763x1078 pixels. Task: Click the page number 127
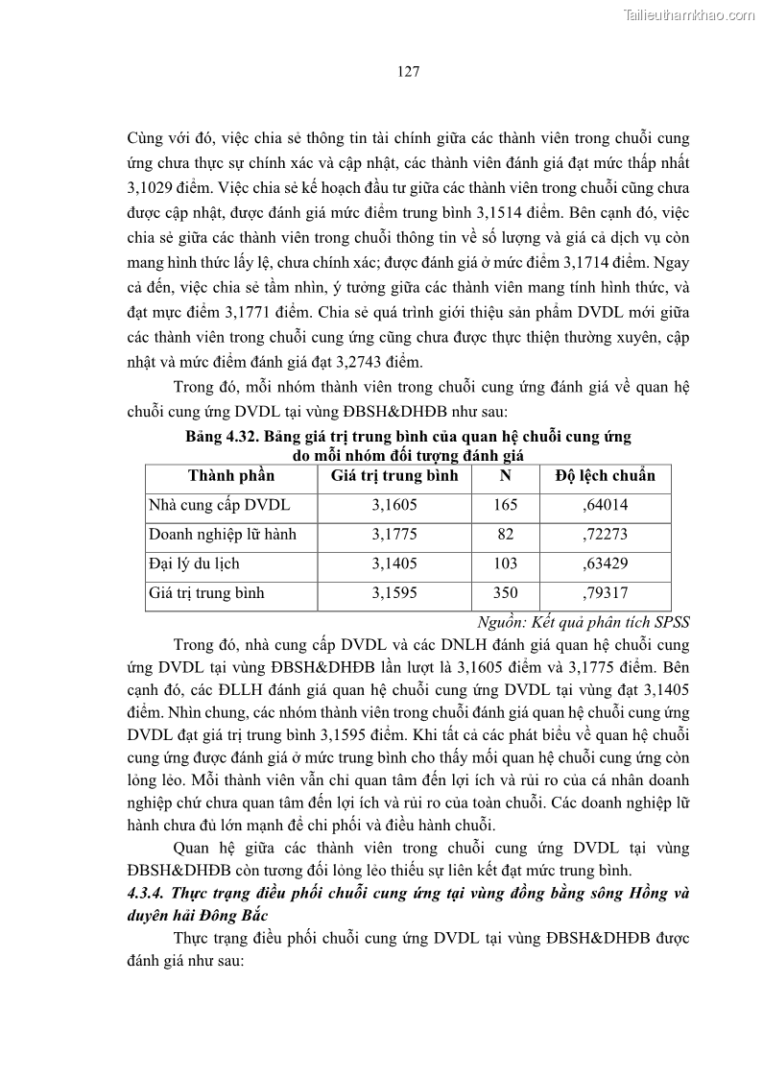[x=408, y=72]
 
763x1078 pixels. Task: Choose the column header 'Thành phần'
[x=231, y=475]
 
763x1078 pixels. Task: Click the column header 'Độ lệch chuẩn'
[x=606, y=475]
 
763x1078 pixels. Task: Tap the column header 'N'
[x=506, y=475]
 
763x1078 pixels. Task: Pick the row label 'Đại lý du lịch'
[x=194, y=563]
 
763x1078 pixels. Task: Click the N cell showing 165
[x=506, y=505]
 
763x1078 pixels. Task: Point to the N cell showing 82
[x=506, y=535]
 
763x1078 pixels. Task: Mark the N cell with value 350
[x=506, y=593]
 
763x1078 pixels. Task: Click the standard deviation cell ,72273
[x=606, y=535]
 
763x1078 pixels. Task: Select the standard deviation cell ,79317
[x=606, y=593]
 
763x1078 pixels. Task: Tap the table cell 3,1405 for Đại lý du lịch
[x=394, y=563]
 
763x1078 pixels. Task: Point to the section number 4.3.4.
[x=147, y=893]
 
